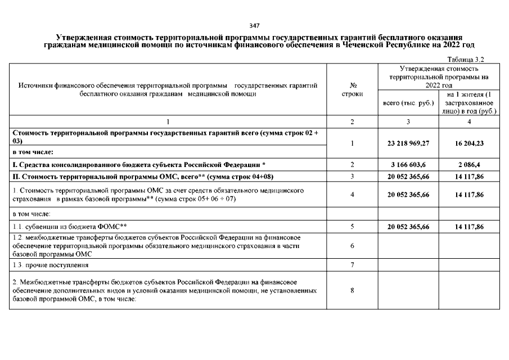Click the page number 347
pyautogui.click(x=254, y=26)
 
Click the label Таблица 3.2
pyautogui.click(x=466, y=59)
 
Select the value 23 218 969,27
pyautogui.click(x=408, y=143)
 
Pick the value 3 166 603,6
pyautogui.click(x=408, y=164)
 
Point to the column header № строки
pyautogui.click(x=352, y=89)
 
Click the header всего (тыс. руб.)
pyautogui.click(x=408, y=103)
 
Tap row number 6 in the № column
pyautogui.click(x=352, y=246)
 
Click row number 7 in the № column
pyautogui.click(x=352, y=264)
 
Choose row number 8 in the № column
pyautogui.click(x=352, y=290)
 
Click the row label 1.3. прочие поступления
pyautogui.click(x=50, y=264)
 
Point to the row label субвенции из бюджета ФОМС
pyautogui.click(x=70, y=227)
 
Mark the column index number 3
pyautogui.click(x=408, y=121)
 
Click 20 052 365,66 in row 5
pyautogui.click(x=408, y=227)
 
